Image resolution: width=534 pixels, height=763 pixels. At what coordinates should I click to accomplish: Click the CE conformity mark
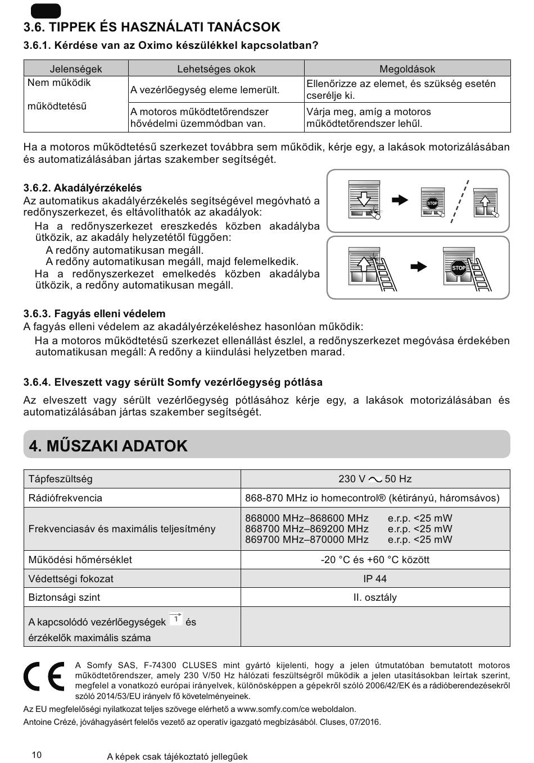tap(44, 677)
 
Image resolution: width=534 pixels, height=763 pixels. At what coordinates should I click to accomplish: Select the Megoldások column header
tap(407, 69)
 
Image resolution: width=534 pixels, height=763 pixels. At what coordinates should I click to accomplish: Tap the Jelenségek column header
tap(76, 69)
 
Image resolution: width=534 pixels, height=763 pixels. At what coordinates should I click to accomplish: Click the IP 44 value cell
tap(375, 578)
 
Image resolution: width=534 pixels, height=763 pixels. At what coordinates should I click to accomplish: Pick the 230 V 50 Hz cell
tap(375, 479)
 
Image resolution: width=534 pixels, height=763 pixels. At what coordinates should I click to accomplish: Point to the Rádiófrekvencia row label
tap(65, 498)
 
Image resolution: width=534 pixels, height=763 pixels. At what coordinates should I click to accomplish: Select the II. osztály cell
tap(375, 597)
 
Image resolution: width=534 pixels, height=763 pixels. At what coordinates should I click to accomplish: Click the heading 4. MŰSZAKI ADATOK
tap(108, 446)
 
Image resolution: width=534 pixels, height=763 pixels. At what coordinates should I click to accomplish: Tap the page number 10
tap(37, 755)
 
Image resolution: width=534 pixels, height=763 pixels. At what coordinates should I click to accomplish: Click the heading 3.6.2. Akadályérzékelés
tap(83, 188)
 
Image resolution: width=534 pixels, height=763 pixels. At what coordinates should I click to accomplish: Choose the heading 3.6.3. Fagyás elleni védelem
tap(94, 313)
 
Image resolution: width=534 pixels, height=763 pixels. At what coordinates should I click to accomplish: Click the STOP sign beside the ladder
tap(459, 268)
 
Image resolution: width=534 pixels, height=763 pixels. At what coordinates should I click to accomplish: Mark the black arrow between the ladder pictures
tap(419, 267)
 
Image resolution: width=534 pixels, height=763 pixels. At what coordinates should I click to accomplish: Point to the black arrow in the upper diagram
tap(400, 200)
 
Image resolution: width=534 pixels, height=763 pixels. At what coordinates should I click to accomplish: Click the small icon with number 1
tap(176, 619)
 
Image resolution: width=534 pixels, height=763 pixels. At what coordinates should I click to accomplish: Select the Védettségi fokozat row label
tap(71, 578)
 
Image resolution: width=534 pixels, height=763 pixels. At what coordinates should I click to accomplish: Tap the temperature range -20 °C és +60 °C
tap(375, 560)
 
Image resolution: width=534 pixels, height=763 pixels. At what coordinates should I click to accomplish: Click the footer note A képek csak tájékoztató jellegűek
tap(177, 756)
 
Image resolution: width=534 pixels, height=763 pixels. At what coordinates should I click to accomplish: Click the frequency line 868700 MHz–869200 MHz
tap(307, 529)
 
